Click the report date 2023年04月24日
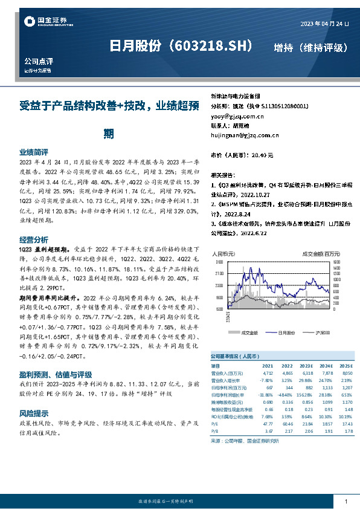click(325, 24)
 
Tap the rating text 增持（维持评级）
click(310, 47)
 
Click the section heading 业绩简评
click(34, 152)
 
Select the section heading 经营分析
click(34, 239)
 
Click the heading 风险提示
click(34, 413)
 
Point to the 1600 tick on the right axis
click(336, 262)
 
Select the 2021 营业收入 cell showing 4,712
click(267, 373)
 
